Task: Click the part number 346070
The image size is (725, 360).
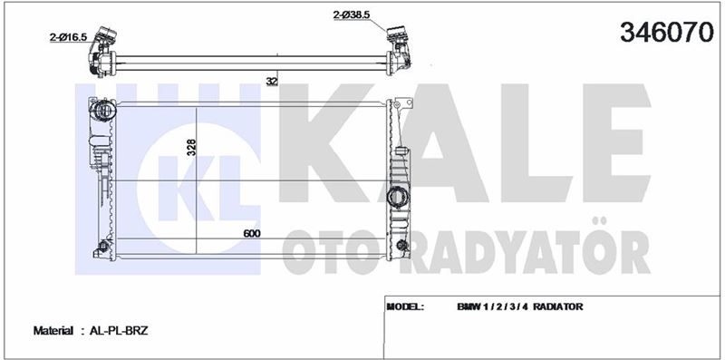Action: click(667, 32)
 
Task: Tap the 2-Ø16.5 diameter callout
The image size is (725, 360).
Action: click(69, 37)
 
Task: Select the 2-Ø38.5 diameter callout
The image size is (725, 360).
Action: click(352, 15)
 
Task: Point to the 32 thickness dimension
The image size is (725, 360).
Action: click(272, 81)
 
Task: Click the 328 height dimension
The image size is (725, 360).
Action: click(192, 147)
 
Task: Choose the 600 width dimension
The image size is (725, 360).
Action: click(252, 233)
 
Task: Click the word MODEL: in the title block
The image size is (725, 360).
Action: click(404, 306)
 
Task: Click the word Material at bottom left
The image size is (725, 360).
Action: click(53, 331)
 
